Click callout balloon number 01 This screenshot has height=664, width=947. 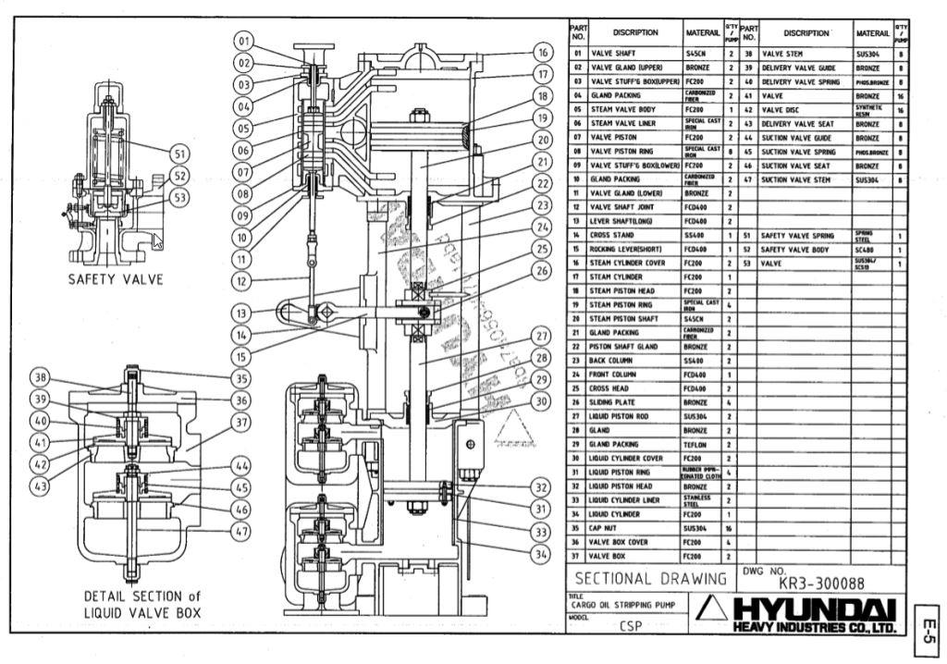[x=243, y=41]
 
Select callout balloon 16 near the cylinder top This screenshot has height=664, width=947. [x=544, y=53]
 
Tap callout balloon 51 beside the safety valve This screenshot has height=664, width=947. [x=179, y=154]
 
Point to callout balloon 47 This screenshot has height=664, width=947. [x=241, y=532]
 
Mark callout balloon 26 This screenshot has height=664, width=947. [x=544, y=271]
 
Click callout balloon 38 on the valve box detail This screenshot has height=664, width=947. [x=41, y=377]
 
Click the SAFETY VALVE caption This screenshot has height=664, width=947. [x=115, y=279]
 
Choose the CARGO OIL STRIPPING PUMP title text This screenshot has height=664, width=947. [x=628, y=605]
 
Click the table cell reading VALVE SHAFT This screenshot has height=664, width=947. [x=614, y=54]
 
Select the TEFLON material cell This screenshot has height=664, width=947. [x=696, y=444]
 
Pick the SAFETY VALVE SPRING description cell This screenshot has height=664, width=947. [x=797, y=236]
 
